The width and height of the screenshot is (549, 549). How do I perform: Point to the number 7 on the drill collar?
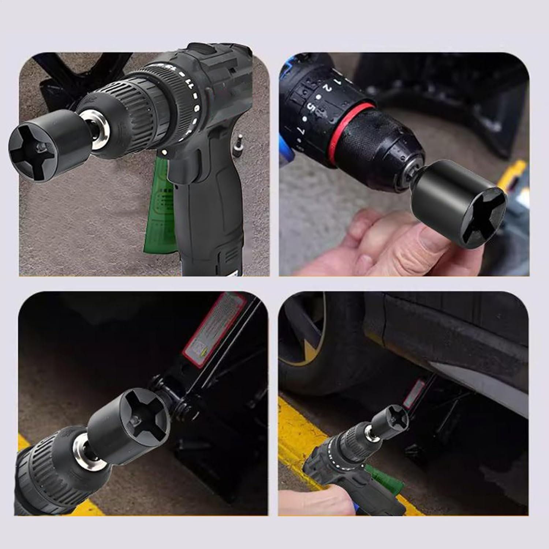click(301, 130)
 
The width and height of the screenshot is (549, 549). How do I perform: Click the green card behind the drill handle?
click(159, 205)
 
